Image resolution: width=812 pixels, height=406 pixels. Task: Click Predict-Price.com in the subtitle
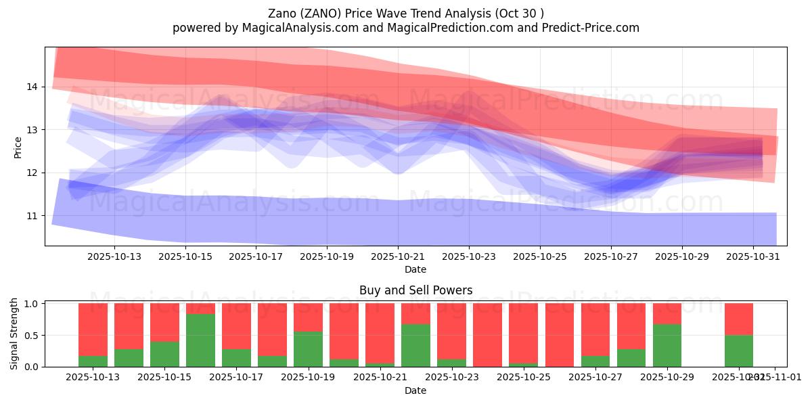(x=592, y=28)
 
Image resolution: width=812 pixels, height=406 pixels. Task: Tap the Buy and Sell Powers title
(x=415, y=290)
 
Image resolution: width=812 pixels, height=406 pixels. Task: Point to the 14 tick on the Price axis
(x=31, y=87)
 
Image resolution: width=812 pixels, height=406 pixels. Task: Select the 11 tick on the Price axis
(x=31, y=216)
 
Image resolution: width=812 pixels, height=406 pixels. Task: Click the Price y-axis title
(x=18, y=147)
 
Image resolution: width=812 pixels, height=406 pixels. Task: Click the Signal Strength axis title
(x=14, y=334)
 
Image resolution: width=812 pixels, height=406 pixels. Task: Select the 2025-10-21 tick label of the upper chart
(x=398, y=256)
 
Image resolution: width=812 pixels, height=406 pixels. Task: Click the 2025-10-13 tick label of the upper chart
(x=114, y=256)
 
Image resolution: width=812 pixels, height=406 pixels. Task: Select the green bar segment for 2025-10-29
(x=667, y=345)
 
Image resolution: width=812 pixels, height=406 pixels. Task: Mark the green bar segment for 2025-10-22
(x=415, y=345)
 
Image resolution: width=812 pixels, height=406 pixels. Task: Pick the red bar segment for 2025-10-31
(x=739, y=319)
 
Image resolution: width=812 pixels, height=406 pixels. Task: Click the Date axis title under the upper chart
(x=415, y=269)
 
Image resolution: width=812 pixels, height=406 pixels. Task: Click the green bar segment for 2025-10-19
(x=308, y=349)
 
